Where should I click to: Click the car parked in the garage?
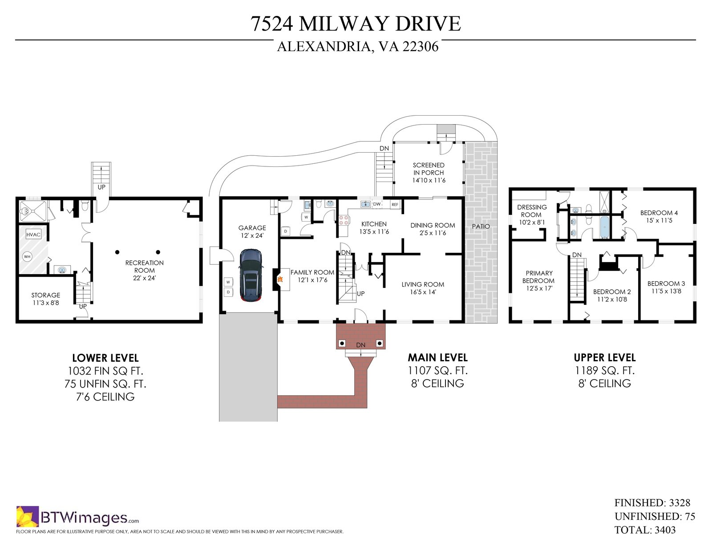click(x=251, y=275)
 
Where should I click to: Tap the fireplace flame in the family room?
click(x=280, y=279)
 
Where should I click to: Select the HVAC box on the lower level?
click(x=33, y=235)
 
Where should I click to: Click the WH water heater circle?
click(x=27, y=257)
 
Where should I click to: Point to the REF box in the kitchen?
click(x=395, y=205)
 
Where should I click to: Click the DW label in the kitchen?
click(x=377, y=204)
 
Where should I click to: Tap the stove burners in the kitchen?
click(x=343, y=220)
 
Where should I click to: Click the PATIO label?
click(x=481, y=226)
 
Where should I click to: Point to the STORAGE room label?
click(x=45, y=295)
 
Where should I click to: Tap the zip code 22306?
click(x=421, y=47)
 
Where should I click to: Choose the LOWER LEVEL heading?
click(x=105, y=358)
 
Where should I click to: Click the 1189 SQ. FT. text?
click(x=605, y=371)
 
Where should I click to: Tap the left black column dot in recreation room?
click(x=117, y=252)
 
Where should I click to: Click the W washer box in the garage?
click(x=228, y=282)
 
